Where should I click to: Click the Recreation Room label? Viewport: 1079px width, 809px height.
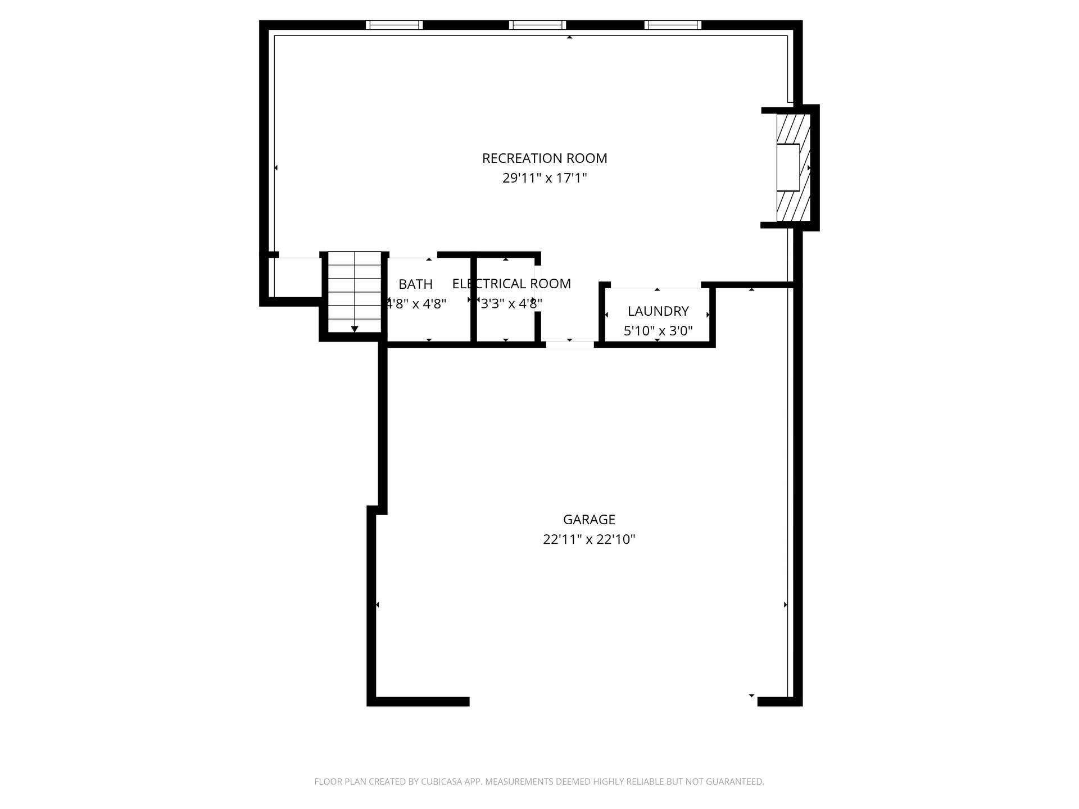[545, 158]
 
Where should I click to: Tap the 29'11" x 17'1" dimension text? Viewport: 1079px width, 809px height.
[545, 178]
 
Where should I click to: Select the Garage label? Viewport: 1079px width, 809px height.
[589, 520]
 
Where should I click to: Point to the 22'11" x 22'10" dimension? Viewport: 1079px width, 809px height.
[589, 539]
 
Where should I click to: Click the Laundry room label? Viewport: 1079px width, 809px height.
[658, 311]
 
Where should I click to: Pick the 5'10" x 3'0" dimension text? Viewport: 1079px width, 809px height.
[658, 331]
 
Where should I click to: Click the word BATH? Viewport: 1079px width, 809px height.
[416, 284]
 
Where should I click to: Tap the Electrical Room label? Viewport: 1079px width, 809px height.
[511, 284]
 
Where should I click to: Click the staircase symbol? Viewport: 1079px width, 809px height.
[355, 292]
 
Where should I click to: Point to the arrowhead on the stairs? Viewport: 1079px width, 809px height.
[355, 329]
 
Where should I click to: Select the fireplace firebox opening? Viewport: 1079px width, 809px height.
[788, 167]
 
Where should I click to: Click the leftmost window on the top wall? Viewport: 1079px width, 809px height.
[394, 25]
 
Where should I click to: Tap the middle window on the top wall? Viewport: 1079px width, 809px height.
[537, 25]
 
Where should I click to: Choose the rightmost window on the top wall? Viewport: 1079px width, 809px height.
[673, 25]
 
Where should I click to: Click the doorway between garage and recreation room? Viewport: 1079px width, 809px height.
[570, 344]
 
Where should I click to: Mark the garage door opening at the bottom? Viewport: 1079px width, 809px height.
[613, 701]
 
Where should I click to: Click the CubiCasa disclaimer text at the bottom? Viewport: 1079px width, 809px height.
[539, 781]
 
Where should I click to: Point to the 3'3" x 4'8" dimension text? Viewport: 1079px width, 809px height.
[511, 304]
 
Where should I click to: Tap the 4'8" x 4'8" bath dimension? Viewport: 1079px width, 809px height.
[416, 304]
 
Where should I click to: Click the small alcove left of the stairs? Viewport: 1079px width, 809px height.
[297, 277]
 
